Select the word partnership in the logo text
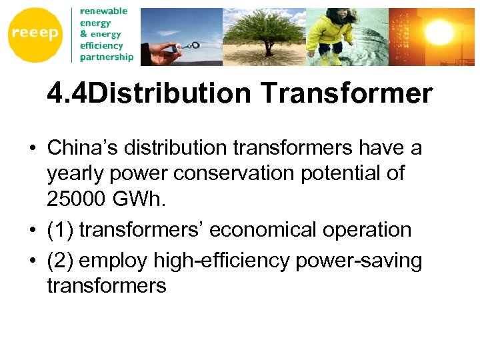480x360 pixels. (106, 57)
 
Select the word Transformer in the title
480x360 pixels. (347, 94)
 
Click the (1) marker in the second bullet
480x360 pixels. (60, 230)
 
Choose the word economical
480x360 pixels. (253, 230)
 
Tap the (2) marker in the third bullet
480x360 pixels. (60, 261)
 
